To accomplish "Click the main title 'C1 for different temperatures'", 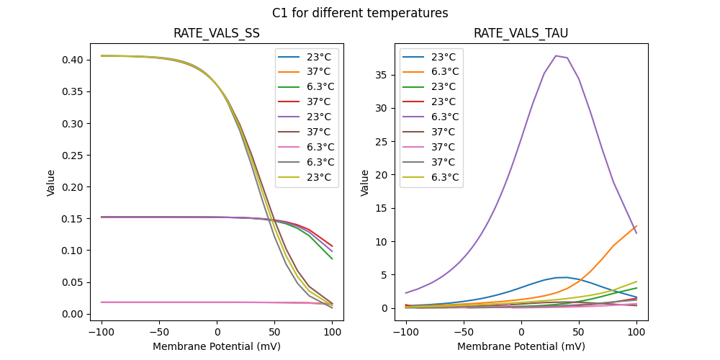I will coord(360,13).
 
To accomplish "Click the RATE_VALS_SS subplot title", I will coord(217,34).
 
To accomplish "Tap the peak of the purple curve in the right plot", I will coord(556,55).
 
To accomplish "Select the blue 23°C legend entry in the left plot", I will coord(307,57).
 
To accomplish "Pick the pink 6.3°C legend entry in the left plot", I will coord(307,147).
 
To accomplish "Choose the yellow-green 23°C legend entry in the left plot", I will coord(307,177).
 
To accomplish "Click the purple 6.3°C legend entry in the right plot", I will coord(431,117).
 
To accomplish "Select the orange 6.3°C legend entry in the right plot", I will coord(431,72).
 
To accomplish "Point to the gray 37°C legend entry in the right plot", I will coord(431,162).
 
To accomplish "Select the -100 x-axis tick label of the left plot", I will coord(102,332).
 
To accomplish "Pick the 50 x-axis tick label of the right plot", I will coord(579,332).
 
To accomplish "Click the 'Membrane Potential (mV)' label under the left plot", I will coord(217,346).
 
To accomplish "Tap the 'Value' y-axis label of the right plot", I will coord(365,183).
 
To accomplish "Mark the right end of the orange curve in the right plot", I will coord(636,226).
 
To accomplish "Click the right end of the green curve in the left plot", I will coord(333,259).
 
